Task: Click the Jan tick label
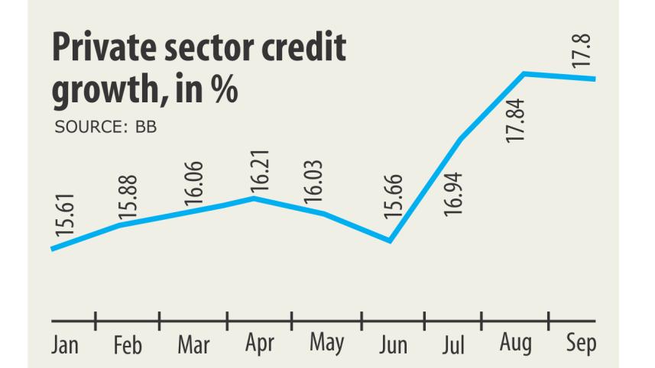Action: tap(65, 345)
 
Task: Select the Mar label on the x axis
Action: tap(193, 345)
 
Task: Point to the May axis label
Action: tap(326, 344)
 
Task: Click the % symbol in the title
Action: tap(225, 89)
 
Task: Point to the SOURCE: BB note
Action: tap(105, 127)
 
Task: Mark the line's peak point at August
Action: tap(524, 73)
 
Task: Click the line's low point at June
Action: tap(390, 241)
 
